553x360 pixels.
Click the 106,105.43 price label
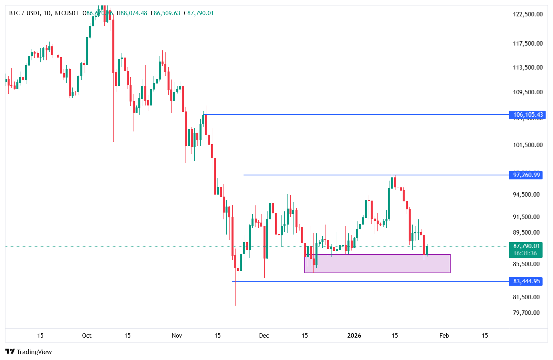point(528,115)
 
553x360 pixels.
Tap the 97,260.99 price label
point(526,175)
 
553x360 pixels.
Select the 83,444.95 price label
point(526,281)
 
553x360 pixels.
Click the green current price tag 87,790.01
point(526,246)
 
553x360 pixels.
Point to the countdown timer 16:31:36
point(525,253)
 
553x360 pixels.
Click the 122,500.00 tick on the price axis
point(528,14)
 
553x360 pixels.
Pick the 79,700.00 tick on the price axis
point(526,313)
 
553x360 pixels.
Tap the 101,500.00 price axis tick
point(528,145)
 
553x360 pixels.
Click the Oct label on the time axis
point(87,336)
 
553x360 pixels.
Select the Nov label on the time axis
point(177,336)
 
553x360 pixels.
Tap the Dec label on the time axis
point(264,336)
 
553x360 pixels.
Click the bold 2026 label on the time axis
point(354,336)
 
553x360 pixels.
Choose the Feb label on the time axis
point(444,336)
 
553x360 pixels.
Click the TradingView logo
point(29,352)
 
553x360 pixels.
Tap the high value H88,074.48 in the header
point(132,13)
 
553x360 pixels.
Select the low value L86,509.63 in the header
point(165,13)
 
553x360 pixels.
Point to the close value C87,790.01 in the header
point(199,13)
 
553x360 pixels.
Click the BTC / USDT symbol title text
point(24,13)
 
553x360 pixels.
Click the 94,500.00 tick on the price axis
point(526,195)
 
